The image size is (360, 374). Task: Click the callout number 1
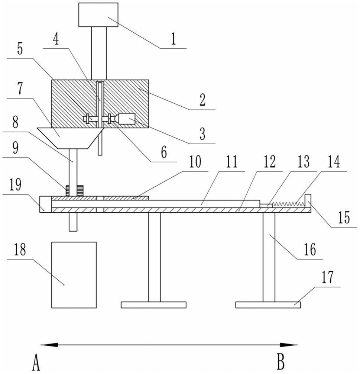(173, 39)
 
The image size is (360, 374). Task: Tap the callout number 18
(20, 249)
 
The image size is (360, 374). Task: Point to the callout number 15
(344, 217)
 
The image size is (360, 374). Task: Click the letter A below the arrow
(36, 362)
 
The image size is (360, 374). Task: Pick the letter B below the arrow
(281, 362)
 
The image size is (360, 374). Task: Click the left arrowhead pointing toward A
(49, 345)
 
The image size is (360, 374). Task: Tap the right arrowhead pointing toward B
(289, 345)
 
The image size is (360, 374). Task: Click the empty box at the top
(98, 15)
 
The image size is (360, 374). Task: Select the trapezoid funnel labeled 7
(70, 138)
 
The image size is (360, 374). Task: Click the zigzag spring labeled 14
(288, 204)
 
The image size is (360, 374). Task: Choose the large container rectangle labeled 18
(74, 275)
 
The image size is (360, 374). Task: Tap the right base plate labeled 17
(268, 305)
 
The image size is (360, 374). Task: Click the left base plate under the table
(153, 305)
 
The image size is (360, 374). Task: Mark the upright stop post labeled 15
(308, 201)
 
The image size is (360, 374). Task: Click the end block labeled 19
(45, 204)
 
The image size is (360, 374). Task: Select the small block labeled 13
(266, 205)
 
